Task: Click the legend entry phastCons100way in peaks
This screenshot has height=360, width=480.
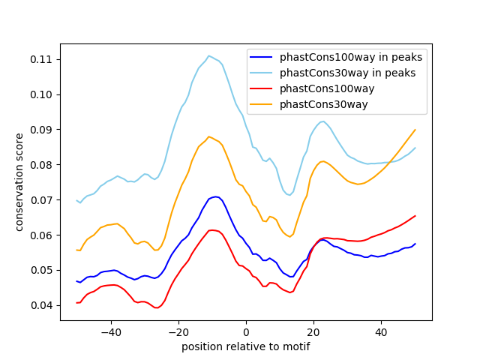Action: point(351,57)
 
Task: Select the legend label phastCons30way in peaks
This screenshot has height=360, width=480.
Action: point(348,73)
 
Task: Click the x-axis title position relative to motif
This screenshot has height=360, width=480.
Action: point(245,346)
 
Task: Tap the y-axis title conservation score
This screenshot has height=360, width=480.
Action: point(19,181)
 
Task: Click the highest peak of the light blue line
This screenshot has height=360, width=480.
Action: point(209,55)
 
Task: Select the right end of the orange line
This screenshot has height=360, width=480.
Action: point(415,130)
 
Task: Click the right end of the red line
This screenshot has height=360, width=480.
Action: point(415,216)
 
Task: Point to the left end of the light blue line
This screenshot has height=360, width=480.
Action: point(76,200)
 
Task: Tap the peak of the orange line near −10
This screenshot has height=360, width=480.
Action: point(209,136)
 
